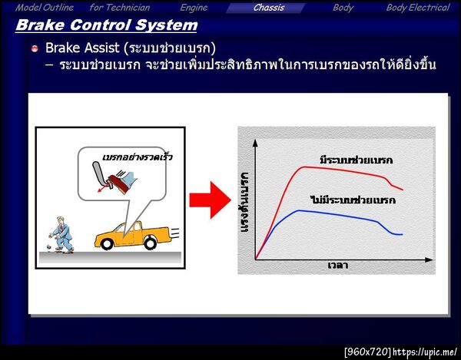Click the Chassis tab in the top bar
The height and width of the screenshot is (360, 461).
click(x=269, y=8)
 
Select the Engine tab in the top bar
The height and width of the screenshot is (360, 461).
click(x=194, y=8)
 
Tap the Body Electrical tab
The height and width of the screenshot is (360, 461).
click(x=417, y=8)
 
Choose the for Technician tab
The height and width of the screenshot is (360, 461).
click(x=120, y=8)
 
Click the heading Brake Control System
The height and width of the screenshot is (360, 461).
click(x=106, y=25)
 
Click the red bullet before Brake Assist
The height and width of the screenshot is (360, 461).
click(x=35, y=48)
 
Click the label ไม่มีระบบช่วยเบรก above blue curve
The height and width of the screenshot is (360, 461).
click(x=353, y=200)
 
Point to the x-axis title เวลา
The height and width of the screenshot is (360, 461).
click(x=337, y=266)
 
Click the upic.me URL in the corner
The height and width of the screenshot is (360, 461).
click(x=426, y=352)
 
